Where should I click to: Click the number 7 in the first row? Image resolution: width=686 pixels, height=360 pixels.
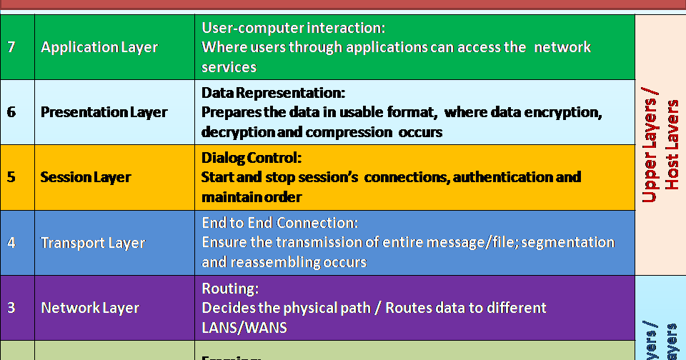[x=11, y=47]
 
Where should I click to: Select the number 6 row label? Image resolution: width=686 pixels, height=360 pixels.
[x=11, y=112]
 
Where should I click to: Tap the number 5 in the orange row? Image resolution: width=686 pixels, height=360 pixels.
[x=11, y=177]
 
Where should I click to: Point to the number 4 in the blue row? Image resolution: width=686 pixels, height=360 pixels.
[x=11, y=242]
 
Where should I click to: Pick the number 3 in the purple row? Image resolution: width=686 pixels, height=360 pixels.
[x=11, y=308]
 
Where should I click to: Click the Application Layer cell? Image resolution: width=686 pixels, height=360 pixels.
[x=99, y=47]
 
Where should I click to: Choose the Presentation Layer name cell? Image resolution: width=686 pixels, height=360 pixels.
[x=104, y=112]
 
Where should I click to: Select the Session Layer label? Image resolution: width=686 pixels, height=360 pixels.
[x=86, y=177]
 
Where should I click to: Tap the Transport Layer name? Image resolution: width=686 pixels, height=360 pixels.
[x=93, y=243]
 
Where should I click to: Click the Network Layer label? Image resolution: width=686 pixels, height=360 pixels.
[x=90, y=308]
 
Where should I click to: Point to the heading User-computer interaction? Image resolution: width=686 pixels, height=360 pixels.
[x=294, y=29]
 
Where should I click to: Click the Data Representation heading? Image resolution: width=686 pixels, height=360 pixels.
[x=274, y=94]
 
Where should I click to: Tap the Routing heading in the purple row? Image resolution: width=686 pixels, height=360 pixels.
[x=230, y=289]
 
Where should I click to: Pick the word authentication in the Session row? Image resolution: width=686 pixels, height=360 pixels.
[x=500, y=177]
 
